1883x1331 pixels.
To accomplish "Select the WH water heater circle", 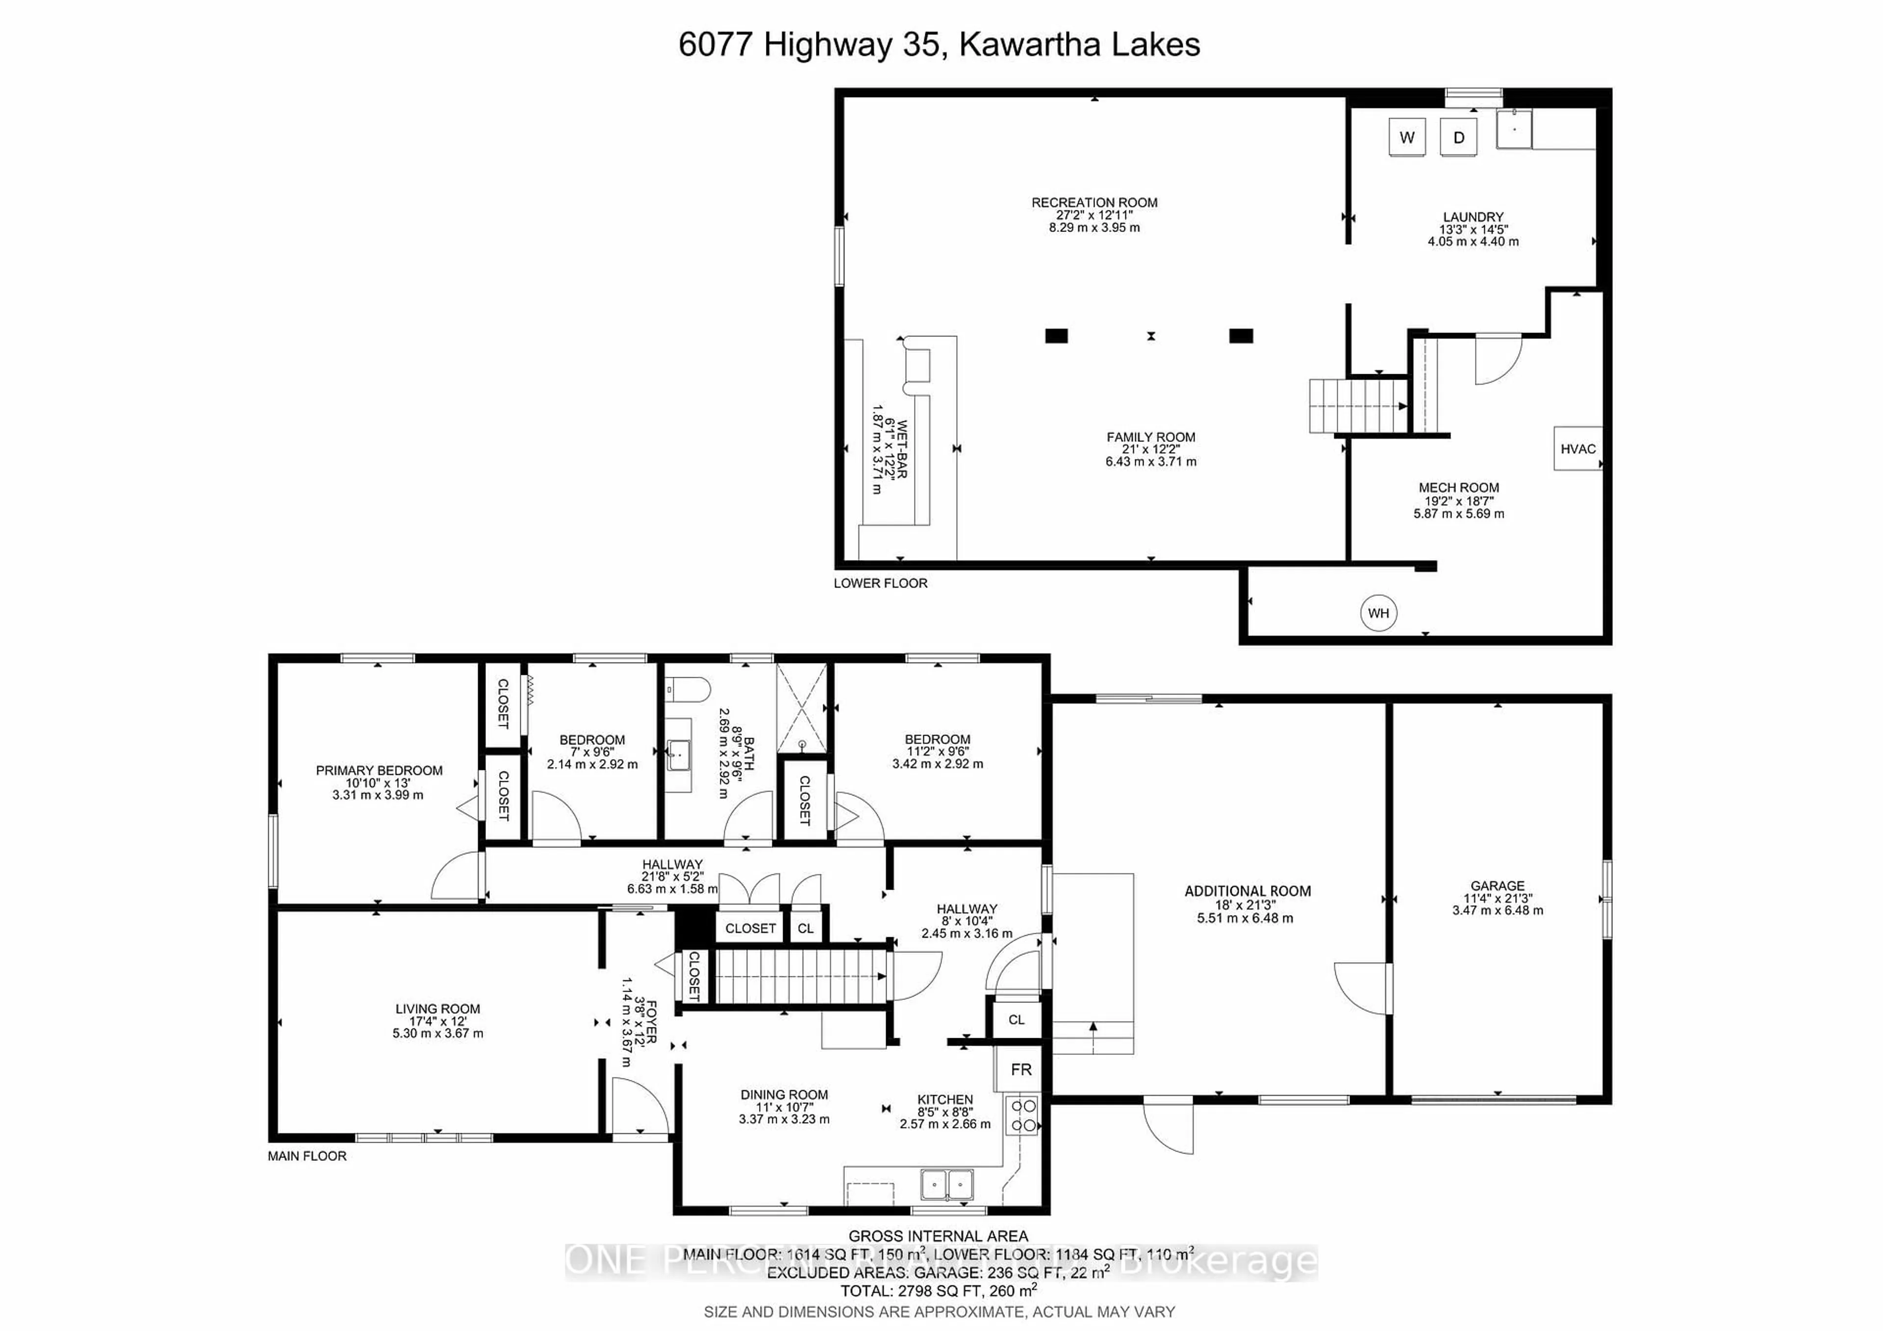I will coord(1378,613).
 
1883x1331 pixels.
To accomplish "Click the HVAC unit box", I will coord(1577,449).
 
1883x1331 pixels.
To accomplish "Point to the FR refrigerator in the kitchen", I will coord(1020,1070).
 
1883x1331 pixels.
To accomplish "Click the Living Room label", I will coord(438,1009).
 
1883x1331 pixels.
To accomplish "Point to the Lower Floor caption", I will coord(880,583).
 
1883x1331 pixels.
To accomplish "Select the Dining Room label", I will coord(784,1095).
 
